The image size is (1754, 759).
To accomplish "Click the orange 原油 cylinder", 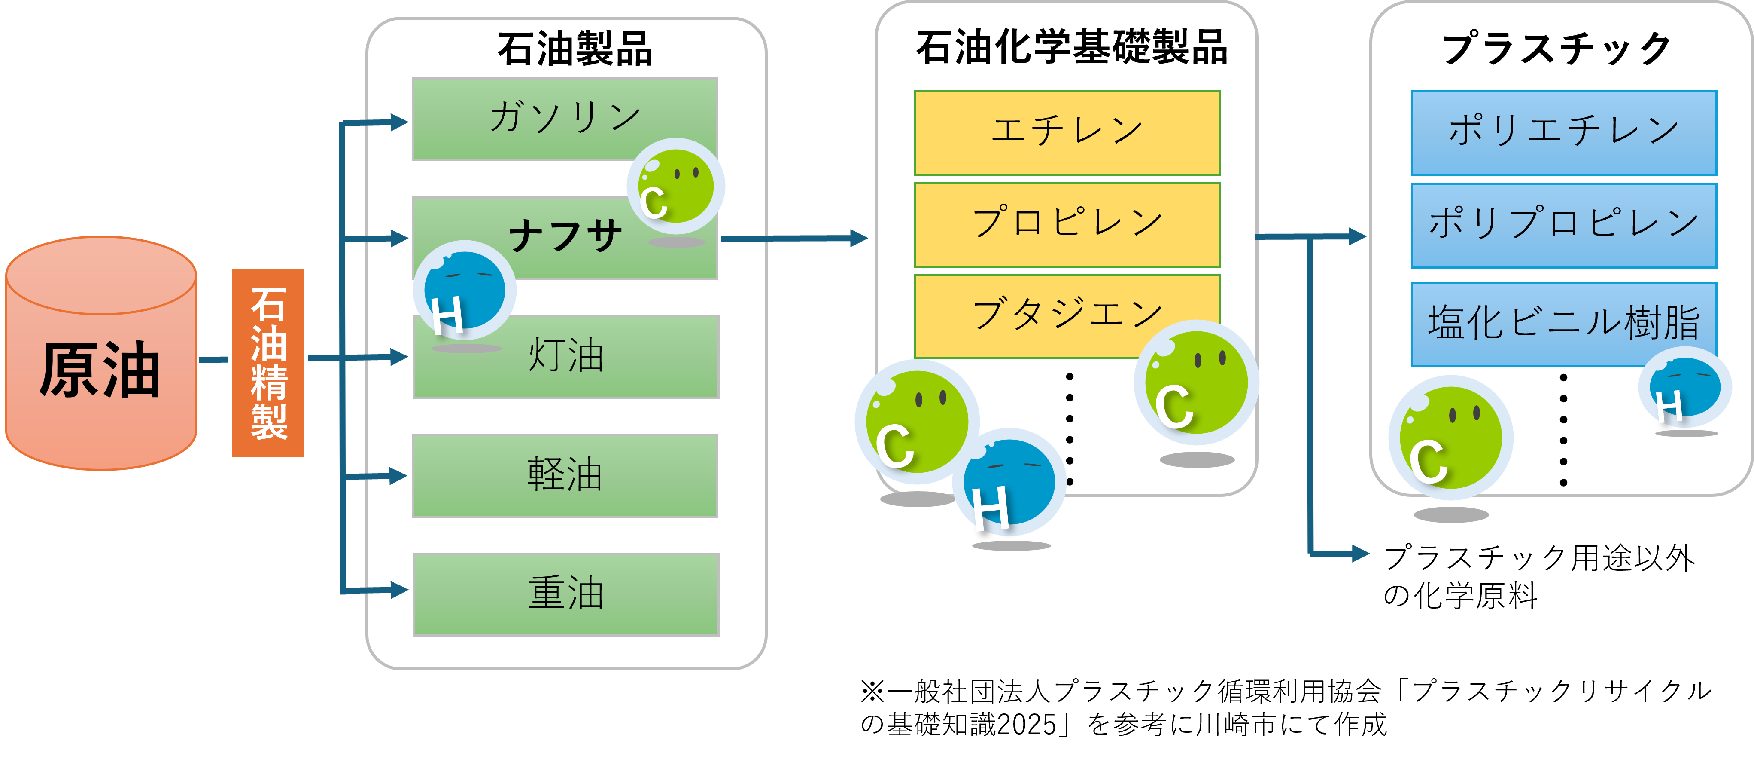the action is (101, 353).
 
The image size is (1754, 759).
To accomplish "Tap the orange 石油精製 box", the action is (268, 362).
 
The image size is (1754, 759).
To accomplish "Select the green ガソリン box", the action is (565, 119).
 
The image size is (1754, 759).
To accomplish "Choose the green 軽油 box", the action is (565, 476).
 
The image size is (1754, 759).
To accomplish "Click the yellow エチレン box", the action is (1067, 133).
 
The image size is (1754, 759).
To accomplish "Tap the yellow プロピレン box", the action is (1067, 224).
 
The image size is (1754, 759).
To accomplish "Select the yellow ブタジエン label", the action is (1067, 314).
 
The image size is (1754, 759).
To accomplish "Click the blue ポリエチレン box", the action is (1564, 133).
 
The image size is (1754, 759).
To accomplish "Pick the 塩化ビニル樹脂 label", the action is (1564, 322).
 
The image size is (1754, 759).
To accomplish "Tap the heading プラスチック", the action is (1556, 49).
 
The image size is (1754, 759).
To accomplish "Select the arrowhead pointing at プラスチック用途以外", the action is (1360, 553).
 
